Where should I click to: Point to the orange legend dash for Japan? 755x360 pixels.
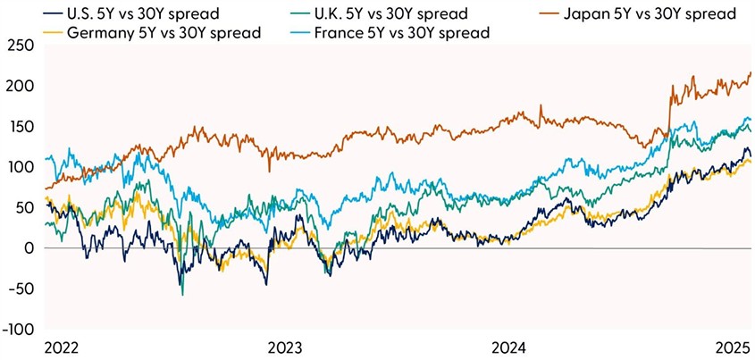(x=529, y=13)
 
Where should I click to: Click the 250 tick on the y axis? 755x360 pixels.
(x=21, y=46)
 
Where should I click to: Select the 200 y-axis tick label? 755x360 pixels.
(x=21, y=87)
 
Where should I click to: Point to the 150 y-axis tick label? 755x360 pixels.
(x=21, y=127)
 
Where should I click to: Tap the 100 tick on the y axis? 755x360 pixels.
(x=21, y=167)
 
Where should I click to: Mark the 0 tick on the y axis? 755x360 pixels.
(x=29, y=248)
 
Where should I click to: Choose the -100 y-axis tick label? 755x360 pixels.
(x=17, y=329)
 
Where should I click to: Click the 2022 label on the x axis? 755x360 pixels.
(x=60, y=347)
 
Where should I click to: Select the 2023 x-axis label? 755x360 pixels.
(x=283, y=347)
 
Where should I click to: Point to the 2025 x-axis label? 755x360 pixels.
(x=732, y=347)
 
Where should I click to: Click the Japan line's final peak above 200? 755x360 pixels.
(x=750, y=72)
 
